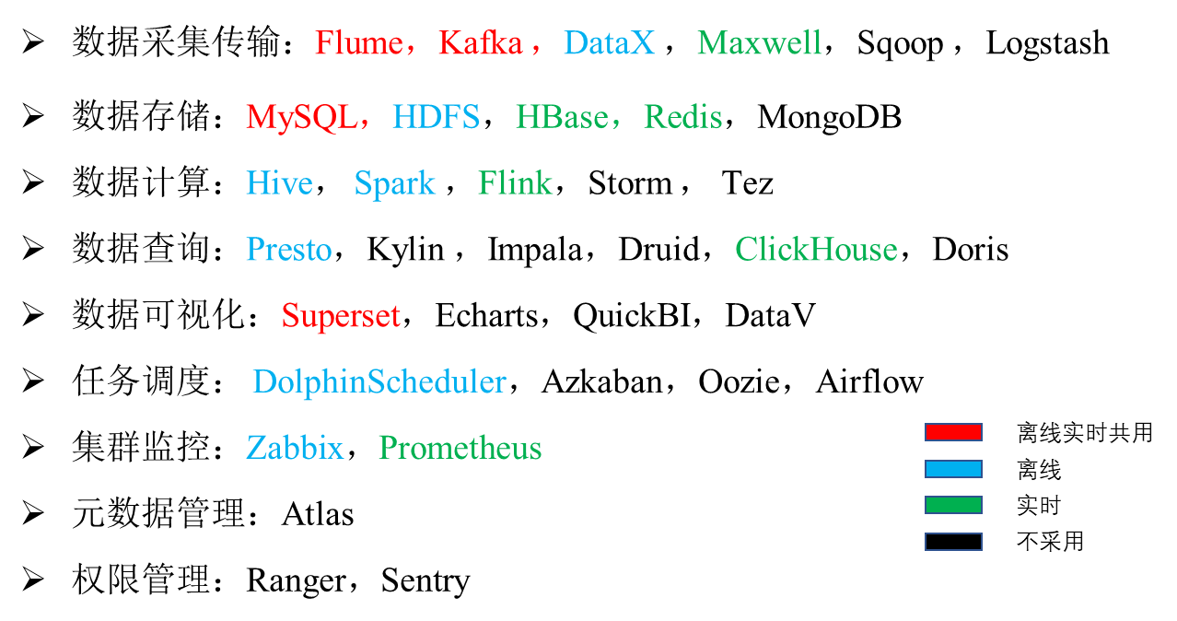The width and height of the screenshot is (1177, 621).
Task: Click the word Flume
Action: coord(358,43)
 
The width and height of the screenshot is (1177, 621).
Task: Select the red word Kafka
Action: coord(480,43)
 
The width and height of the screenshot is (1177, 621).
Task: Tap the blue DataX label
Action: coord(609,43)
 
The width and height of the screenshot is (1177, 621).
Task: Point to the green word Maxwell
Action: coord(759,43)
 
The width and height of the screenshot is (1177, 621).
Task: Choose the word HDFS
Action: coord(436,117)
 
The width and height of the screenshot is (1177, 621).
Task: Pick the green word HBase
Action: coord(561,117)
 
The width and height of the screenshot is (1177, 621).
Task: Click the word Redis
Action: coord(682,117)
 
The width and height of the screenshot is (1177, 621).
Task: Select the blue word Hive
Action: coord(279,183)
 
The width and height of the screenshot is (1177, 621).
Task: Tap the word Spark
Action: coord(394,184)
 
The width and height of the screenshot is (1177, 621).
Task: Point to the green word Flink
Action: coord(515,183)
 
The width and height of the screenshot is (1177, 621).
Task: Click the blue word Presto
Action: coord(288,250)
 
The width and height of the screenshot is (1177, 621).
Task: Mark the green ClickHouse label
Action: coord(816,250)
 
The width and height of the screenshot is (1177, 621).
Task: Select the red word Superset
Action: coord(341,316)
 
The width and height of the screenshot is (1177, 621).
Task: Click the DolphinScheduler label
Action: coord(379,382)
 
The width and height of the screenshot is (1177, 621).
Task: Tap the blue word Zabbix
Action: coord(294,449)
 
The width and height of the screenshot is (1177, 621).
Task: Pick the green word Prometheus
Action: coord(460,449)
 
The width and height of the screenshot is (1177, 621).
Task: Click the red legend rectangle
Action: coord(953,432)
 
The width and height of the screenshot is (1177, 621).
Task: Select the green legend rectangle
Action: coord(953,505)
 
